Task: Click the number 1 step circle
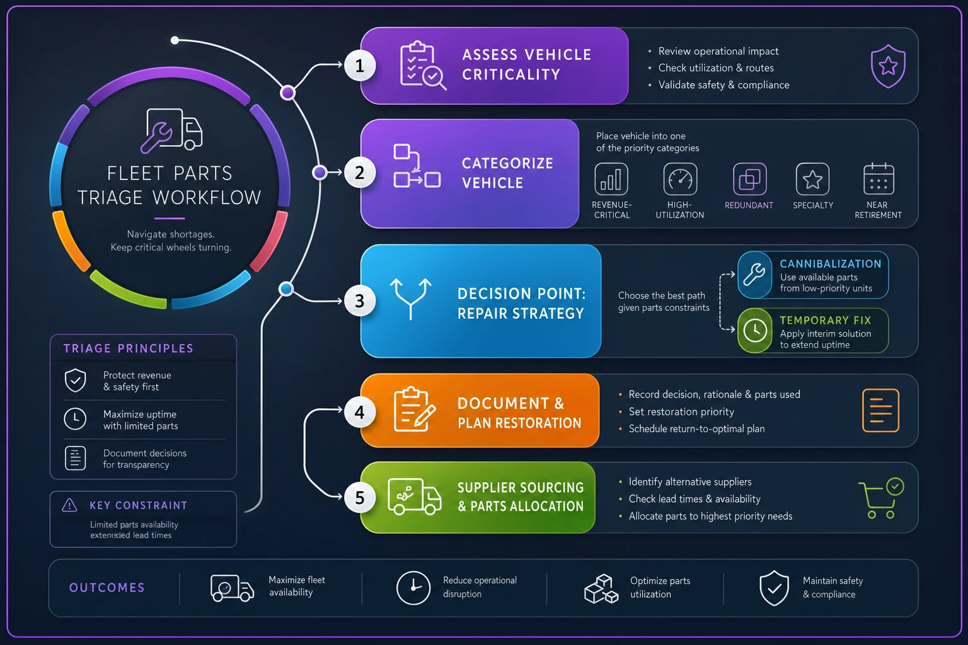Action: pyautogui.click(x=360, y=66)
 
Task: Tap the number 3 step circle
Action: pyautogui.click(x=360, y=300)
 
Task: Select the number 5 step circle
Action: pyautogui.click(x=360, y=498)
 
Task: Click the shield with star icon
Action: pyautogui.click(x=888, y=66)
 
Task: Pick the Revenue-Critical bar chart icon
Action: pyautogui.click(x=611, y=179)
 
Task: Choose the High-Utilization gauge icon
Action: pyautogui.click(x=680, y=179)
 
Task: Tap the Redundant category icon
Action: pyautogui.click(x=750, y=179)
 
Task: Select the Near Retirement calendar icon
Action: pyautogui.click(x=879, y=178)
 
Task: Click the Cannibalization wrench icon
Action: pyautogui.click(x=754, y=275)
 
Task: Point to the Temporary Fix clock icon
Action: pyautogui.click(x=755, y=331)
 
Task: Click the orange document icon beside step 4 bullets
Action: pyautogui.click(x=880, y=411)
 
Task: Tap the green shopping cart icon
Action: pyautogui.click(x=880, y=498)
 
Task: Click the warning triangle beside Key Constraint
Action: pyautogui.click(x=69, y=505)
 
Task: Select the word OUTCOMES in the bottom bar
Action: pyautogui.click(x=107, y=588)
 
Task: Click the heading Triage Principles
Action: pyautogui.click(x=129, y=348)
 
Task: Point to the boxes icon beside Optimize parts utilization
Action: pyautogui.click(x=601, y=588)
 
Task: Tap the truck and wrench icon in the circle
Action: pyautogui.click(x=171, y=130)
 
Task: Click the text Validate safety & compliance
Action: pyautogui.click(x=724, y=84)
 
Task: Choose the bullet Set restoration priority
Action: pyautogui.click(x=681, y=411)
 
